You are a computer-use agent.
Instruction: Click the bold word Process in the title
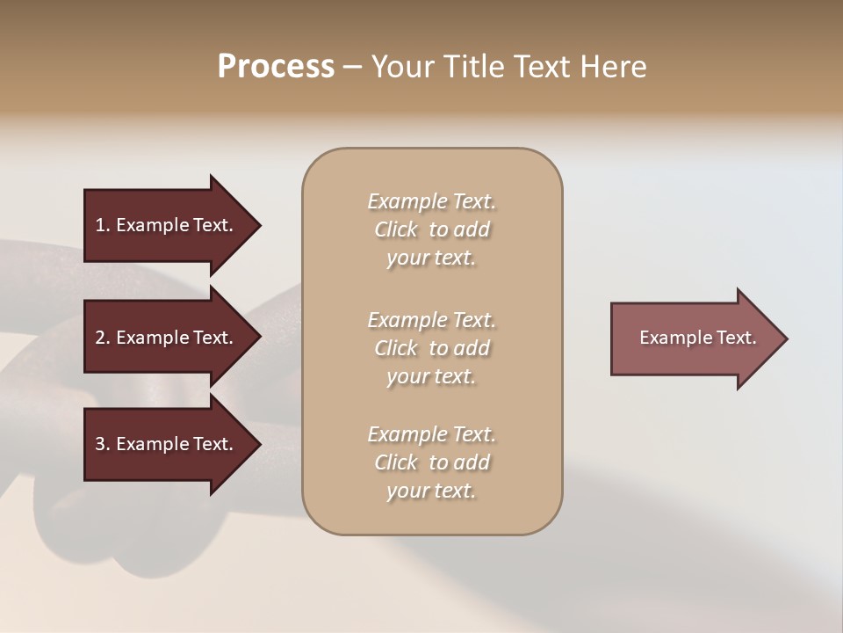(x=276, y=67)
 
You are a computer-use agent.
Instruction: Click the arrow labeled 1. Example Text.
(x=167, y=225)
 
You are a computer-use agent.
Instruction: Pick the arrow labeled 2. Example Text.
(x=167, y=338)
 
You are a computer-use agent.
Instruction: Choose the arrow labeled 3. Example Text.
(x=167, y=444)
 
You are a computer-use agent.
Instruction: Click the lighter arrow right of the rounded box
(x=694, y=338)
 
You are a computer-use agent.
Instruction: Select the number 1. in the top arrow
(x=102, y=225)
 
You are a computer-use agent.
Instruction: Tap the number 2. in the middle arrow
(x=102, y=338)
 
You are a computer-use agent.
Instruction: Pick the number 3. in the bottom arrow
(x=102, y=444)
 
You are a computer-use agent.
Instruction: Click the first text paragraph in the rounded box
(x=431, y=229)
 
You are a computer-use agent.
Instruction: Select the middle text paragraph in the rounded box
(x=431, y=348)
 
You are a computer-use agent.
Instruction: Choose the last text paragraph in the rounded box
(x=431, y=462)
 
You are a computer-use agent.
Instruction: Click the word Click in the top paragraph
(x=396, y=229)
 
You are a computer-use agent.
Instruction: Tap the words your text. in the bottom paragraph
(x=431, y=491)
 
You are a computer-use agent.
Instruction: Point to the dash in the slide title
(x=352, y=68)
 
